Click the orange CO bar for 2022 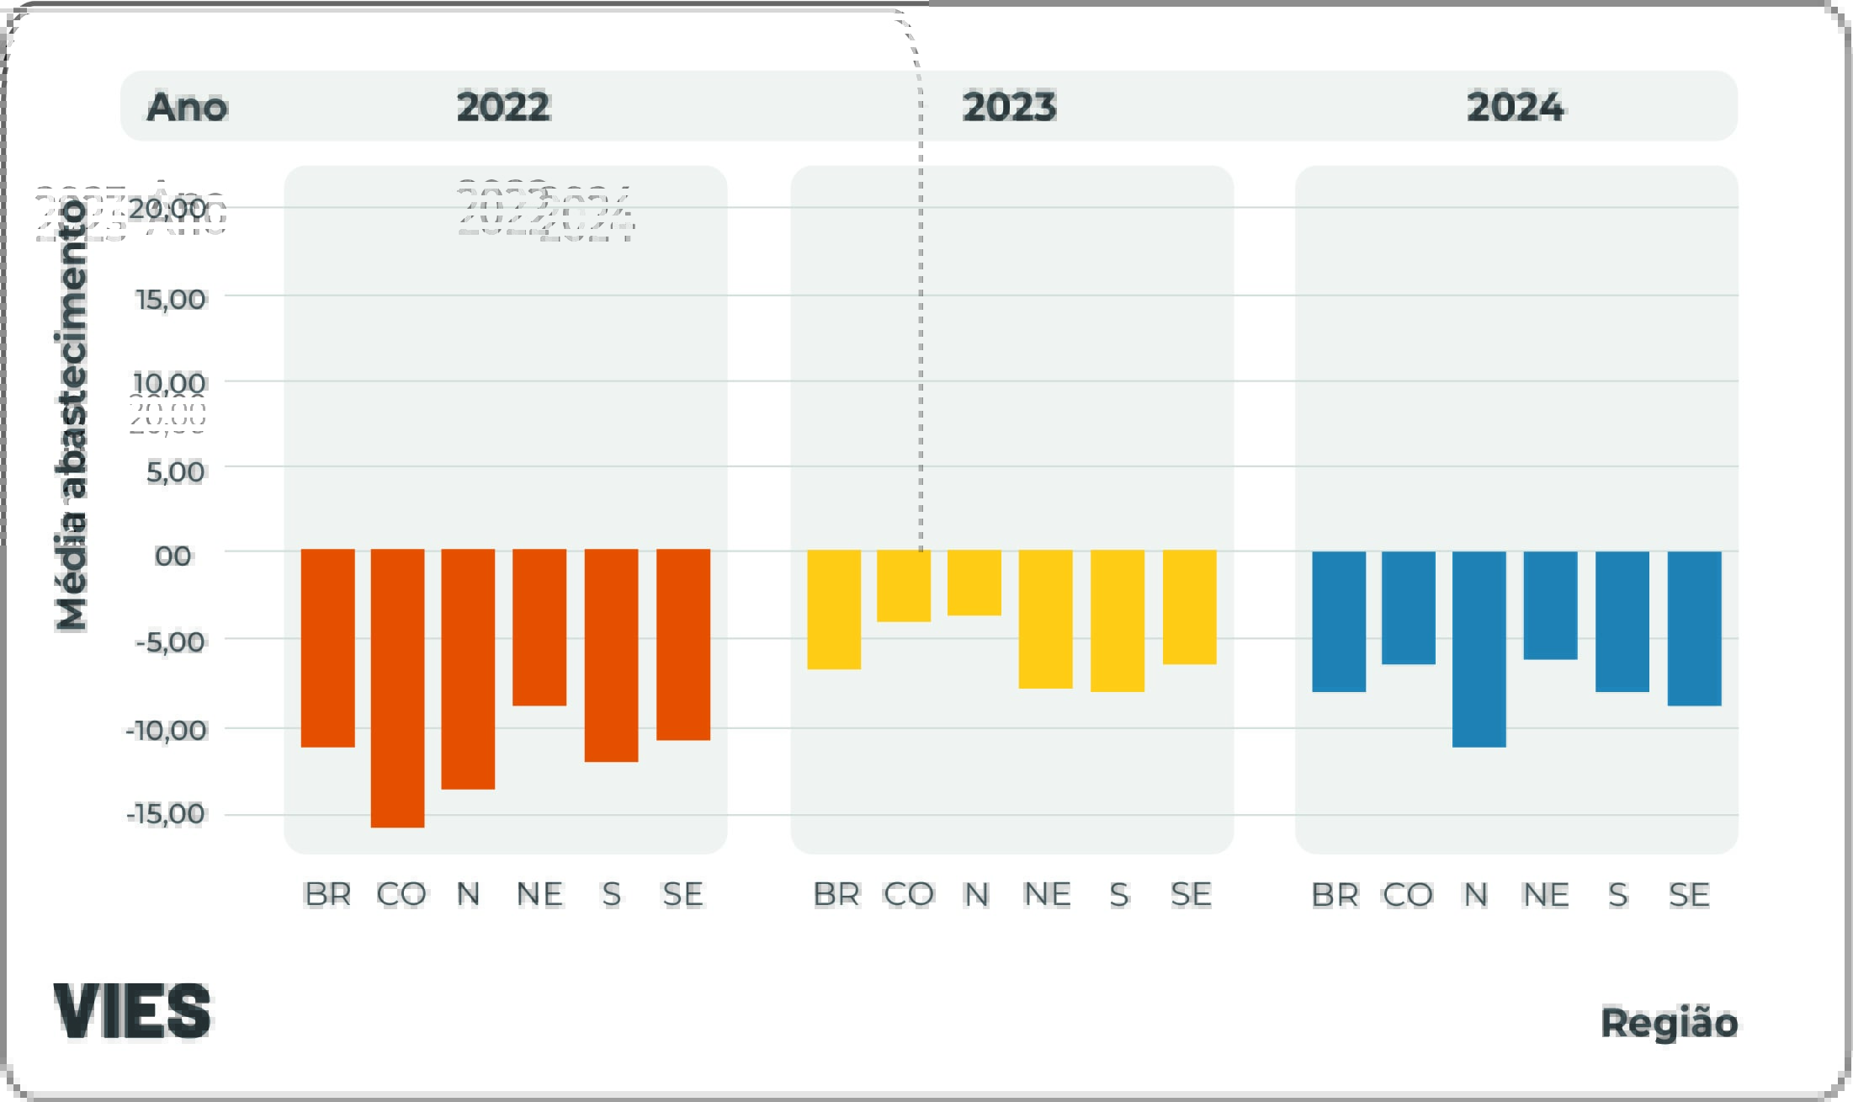pos(397,688)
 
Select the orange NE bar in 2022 pos(539,627)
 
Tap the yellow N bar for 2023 pos(974,583)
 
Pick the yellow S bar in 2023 pos(1118,620)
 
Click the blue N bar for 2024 pos(1479,649)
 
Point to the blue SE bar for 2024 pos(1694,628)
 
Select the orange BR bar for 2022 pos(327,647)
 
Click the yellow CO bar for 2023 pos(904,586)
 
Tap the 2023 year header pos(1009,107)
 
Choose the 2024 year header pos(1515,107)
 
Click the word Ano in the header pos(187,107)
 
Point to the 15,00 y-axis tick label pos(171,299)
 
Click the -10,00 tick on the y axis pos(167,730)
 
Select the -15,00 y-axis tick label pos(167,814)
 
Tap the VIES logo pos(132,1010)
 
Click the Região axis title pos(1669,1023)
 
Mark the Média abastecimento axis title pos(72,415)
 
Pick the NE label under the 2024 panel pos(1545,894)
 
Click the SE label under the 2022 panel pos(682,894)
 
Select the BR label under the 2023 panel pos(836,894)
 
